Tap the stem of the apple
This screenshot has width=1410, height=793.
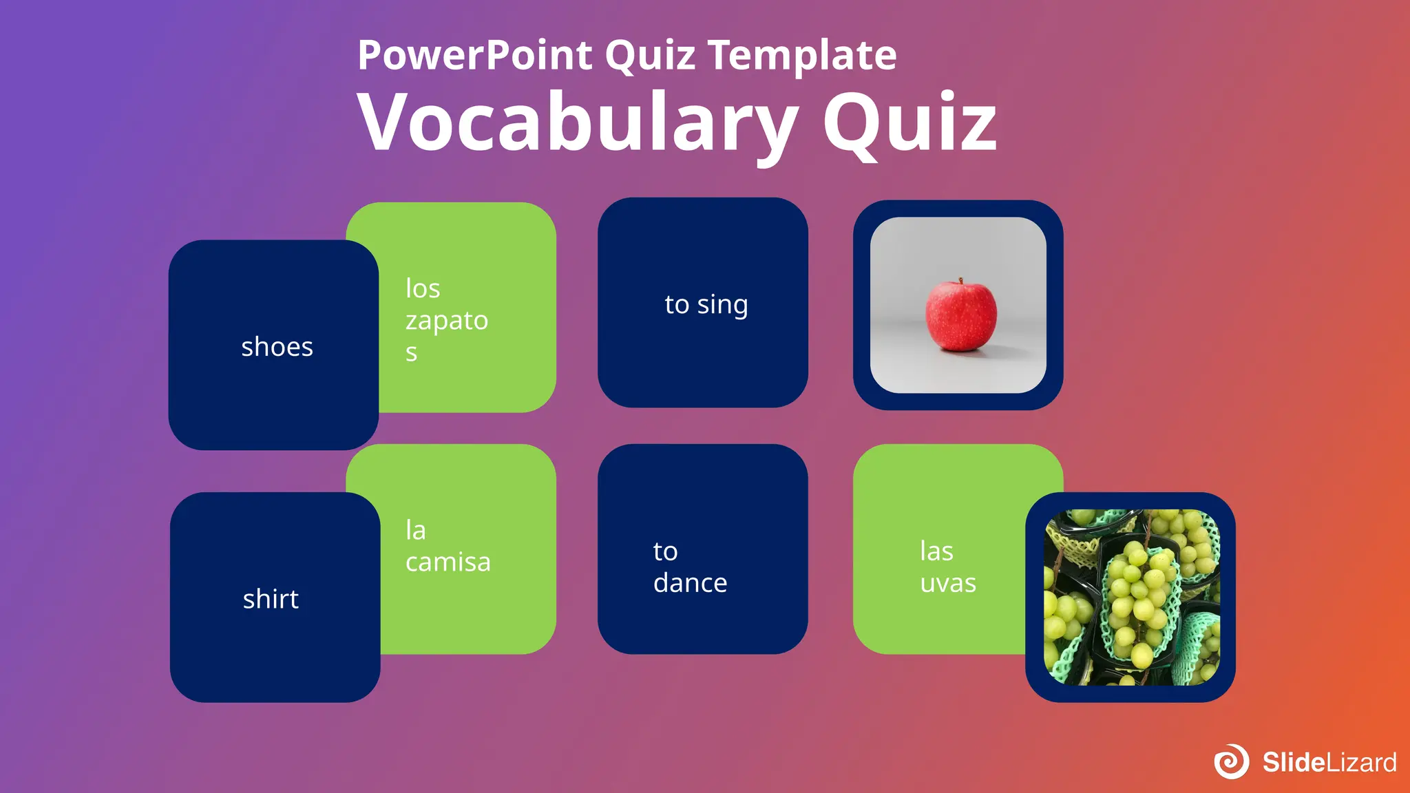tap(960, 281)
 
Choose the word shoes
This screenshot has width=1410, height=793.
tap(277, 347)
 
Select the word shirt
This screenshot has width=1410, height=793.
tap(271, 599)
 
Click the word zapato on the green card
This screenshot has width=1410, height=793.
tap(446, 321)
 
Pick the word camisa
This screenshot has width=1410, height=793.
tap(448, 562)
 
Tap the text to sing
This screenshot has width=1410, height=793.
tap(706, 304)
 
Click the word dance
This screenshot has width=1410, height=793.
tap(690, 583)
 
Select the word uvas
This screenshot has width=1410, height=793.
tap(948, 583)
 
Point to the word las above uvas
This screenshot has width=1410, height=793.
tap(936, 551)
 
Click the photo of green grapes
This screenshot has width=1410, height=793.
tap(1131, 598)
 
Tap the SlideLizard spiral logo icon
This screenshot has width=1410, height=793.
tap(1231, 761)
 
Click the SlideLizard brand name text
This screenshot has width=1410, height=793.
tap(1329, 762)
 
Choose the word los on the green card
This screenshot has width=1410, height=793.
tap(423, 288)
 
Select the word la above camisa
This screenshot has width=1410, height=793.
tap(416, 530)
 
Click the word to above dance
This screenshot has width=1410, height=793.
tap(665, 551)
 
